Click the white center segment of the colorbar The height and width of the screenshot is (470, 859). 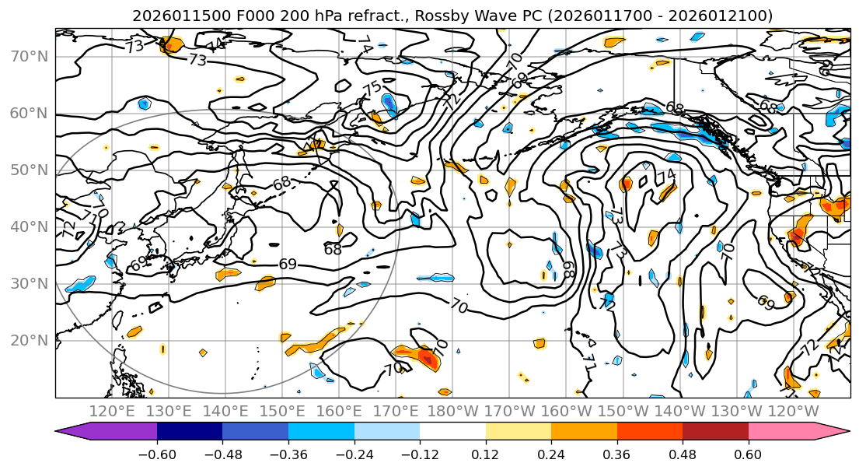click(452, 432)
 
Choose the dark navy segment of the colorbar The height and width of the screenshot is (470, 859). click(190, 432)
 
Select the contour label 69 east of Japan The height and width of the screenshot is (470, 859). click(288, 265)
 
